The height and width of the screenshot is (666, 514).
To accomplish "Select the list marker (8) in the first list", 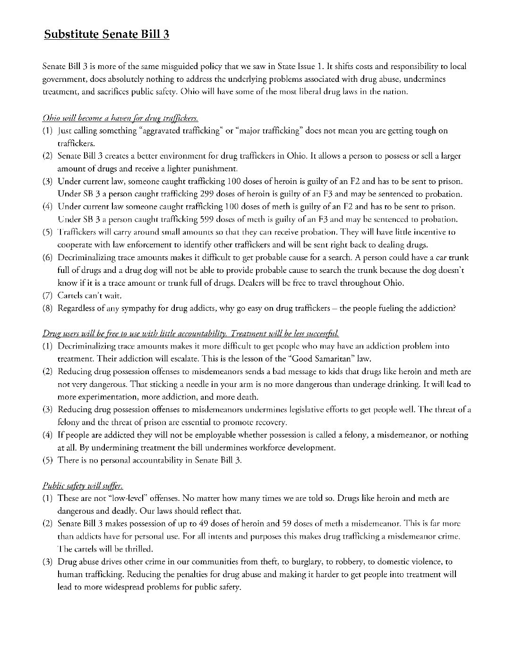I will (x=47, y=308).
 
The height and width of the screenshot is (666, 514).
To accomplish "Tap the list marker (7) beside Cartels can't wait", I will (x=47, y=296).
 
